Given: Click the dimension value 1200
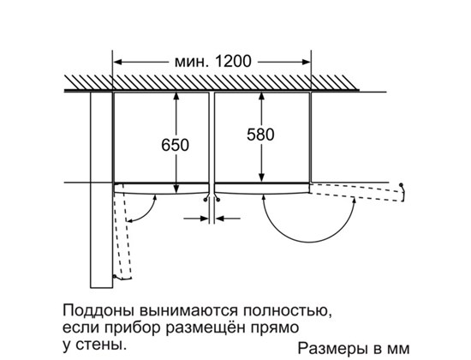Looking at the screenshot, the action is coord(233,62).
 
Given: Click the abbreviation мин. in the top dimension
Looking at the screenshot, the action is coord(191,62).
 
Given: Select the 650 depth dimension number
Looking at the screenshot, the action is coord(175,145).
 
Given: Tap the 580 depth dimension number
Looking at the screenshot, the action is coord(260,135).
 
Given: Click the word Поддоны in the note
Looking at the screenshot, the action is coord(99,310).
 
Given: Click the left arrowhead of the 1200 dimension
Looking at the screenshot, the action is coord(117,63).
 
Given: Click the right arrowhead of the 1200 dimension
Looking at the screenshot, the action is coord(306,63).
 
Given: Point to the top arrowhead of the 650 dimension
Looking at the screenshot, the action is coord(176,96).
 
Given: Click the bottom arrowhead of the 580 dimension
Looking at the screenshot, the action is coord(262,177).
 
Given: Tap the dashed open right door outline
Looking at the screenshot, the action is coord(357,192).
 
